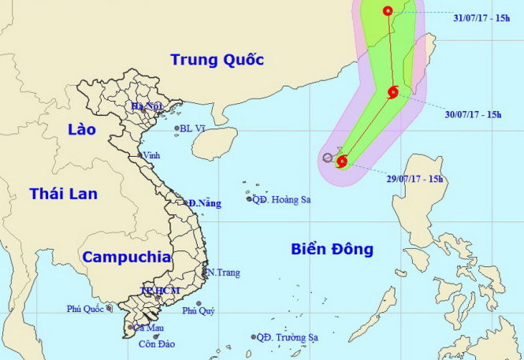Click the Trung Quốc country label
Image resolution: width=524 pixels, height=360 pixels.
click(x=217, y=59)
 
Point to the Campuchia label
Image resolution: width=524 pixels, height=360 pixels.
click(x=127, y=256)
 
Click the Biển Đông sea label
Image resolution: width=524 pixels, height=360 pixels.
click(x=331, y=250)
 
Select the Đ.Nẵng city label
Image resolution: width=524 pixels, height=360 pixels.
click(x=204, y=203)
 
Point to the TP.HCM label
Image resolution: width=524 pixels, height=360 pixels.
click(x=160, y=291)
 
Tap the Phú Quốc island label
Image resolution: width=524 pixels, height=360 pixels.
click(x=86, y=309)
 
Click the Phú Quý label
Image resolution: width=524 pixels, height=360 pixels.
click(x=199, y=310)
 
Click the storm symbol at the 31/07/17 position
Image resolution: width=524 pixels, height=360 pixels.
click(x=388, y=10)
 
